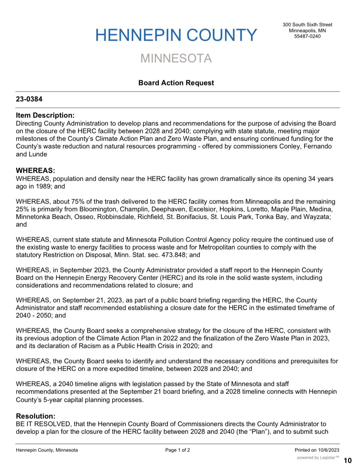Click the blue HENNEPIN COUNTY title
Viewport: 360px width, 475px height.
coord(176,35)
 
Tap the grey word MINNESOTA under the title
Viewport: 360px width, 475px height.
coord(176,58)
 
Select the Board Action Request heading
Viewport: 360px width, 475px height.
coord(176,83)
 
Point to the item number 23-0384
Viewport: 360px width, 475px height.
coord(29,99)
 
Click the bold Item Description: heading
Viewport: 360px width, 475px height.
coord(45,115)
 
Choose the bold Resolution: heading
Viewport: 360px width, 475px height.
coord(35,416)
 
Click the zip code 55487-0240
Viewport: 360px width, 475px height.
coord(307,36)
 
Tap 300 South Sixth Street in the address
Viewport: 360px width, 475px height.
coord(307,24)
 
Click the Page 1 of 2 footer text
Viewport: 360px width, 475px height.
coord(178,450)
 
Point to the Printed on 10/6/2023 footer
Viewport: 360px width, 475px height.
coord(317,450)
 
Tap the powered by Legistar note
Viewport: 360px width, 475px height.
coord(318,458)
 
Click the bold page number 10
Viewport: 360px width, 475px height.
coord(348,460)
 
